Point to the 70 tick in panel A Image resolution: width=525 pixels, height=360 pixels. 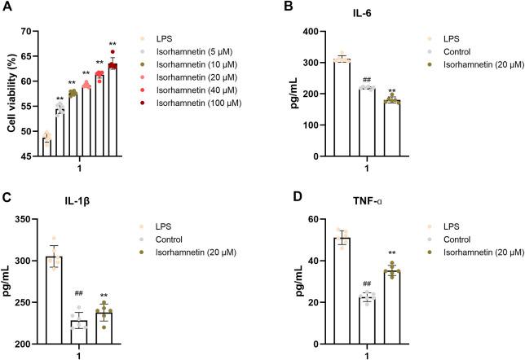(x=30, y=31)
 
